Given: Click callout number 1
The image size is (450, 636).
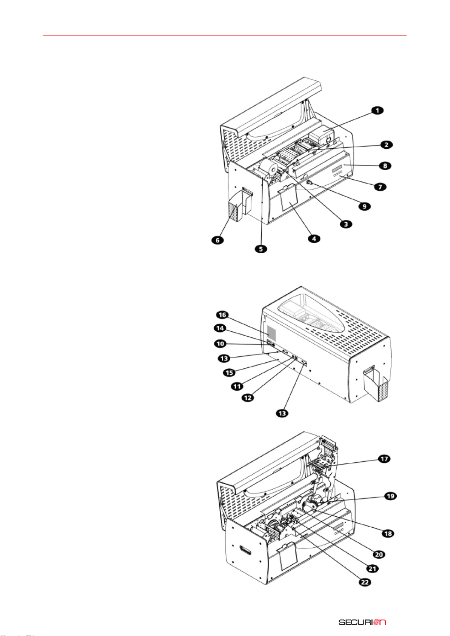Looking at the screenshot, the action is tap(377, 110).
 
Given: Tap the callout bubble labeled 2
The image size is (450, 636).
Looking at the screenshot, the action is tap(387, 145).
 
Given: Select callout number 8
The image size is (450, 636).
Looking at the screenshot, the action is tap(385, 166).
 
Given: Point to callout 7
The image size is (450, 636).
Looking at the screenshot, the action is tap(380, 187).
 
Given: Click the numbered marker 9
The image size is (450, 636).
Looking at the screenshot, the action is tap(365, 206).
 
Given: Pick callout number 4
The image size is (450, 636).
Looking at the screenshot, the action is tap(314, 239).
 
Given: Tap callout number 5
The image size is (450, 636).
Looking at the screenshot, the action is tap(261, 249).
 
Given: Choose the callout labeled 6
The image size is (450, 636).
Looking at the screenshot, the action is tap(217, 240).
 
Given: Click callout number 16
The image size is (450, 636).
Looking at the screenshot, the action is tap(222, 315).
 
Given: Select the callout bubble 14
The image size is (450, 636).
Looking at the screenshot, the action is tap(220, 328).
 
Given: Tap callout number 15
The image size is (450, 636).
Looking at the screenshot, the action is tap(230, 373).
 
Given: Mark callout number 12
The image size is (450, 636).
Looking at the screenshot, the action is tap(248, 398).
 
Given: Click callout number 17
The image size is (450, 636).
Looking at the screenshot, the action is tap(384, 459).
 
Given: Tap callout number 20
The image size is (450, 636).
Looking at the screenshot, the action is tap(379, 554).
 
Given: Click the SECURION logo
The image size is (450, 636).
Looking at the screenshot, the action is tap(362, 620).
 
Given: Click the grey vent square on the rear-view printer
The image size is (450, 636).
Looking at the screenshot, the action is tap(271, 333).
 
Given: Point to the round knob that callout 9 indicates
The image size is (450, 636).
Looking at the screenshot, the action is tap(308, 183).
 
